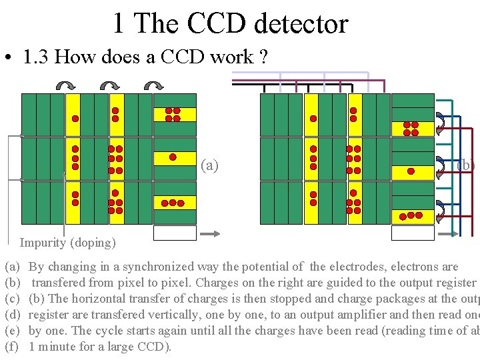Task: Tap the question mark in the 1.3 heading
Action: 264,57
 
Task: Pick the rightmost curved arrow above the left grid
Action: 154,85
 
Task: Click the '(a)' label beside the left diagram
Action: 209,165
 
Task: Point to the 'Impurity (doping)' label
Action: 67,243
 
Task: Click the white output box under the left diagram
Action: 175,233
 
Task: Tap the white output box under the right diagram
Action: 413,233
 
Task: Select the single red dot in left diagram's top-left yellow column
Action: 75,119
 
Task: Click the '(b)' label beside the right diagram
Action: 466,165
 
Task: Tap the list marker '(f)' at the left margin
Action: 12,347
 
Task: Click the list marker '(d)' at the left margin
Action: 12,315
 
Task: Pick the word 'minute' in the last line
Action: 57,347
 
